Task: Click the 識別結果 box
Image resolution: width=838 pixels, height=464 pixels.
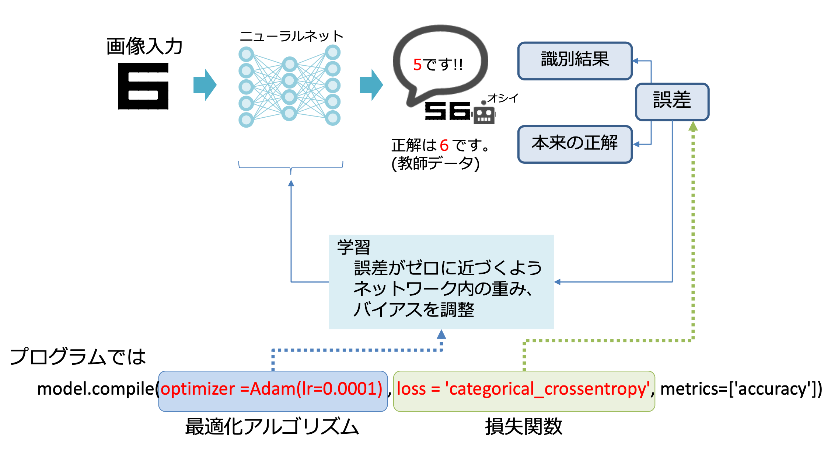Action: click(575, 60)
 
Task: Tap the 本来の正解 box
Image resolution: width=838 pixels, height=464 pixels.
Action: click(575, 144)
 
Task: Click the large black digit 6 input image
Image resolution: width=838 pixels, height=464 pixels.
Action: click(143, 86)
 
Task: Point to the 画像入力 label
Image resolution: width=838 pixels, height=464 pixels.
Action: click(144, 46)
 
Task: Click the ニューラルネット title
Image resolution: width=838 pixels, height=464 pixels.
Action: click(291, 36)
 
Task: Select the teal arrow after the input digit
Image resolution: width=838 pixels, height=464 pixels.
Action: click(205, 85)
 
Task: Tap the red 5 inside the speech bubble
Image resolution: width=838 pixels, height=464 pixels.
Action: click(417, 65)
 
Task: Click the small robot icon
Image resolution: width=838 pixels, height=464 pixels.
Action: click(483, 114)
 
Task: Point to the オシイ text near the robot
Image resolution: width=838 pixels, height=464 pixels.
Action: click(503, 98)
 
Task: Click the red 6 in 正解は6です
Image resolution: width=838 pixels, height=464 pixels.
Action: click(444, 145)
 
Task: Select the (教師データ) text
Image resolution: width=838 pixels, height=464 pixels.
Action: click(435, 163)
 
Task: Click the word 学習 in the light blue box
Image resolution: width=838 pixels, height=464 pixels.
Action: click(353, 247)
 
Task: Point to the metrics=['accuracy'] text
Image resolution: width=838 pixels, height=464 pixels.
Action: click(741, 389)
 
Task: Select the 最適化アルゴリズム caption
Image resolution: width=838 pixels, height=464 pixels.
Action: click(272, 427)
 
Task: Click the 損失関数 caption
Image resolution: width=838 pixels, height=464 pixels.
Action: click(523, 427)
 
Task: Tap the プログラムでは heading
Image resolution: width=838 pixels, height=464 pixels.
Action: click(78, 357)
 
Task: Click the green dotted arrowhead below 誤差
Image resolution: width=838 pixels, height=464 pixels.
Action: click(693, 127)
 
